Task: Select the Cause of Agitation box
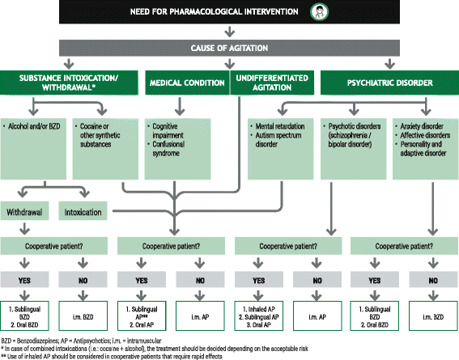(x=229, y=49)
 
